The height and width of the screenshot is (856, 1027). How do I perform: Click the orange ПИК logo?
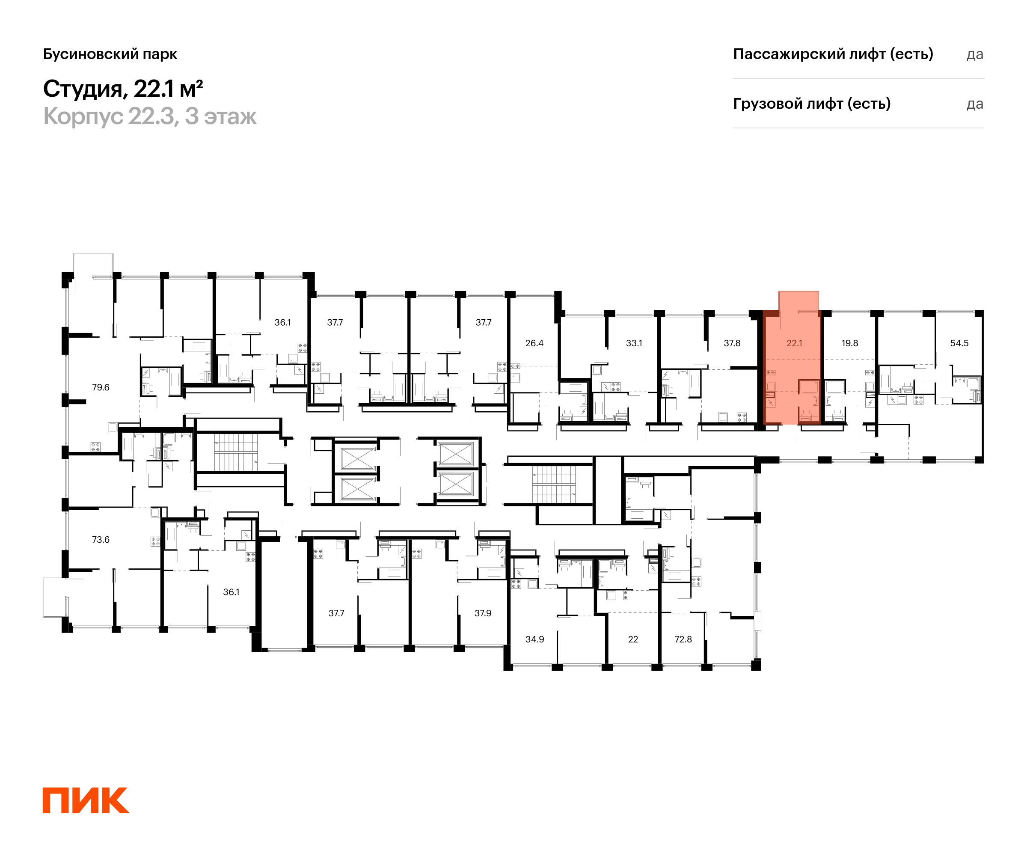pyautogui.click(x=86, y=800)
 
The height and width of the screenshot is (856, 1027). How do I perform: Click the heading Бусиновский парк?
pyautogui.click(x=110, y=54)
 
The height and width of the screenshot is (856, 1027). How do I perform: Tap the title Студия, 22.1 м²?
pyautogui.click(x=123, y=89)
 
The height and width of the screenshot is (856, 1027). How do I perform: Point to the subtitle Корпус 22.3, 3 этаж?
pyautogui.click(x=150, y=116)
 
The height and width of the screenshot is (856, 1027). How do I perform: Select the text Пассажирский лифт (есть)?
pyautogui.click(x=833, y=54)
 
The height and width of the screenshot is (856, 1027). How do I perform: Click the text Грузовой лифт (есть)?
pyautogui.click(x=812, y=104)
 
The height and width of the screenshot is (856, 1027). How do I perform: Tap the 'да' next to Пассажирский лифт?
pyautogui.click(x=975, y=55)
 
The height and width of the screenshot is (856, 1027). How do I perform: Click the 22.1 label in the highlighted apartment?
pyautogui.click(x=794, y=343)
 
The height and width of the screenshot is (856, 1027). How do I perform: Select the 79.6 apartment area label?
pyautogui.click(x=101, y=387)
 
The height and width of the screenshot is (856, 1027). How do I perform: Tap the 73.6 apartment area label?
pyautogui.click(x=101, y=540)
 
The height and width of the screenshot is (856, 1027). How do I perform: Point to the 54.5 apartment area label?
pyautogui.click(x=959, y=343)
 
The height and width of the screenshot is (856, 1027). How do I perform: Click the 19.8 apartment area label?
pyautogui.click(x=849, y=343)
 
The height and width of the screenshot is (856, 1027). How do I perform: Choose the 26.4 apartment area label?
pyautogui.click(x=534, y=343)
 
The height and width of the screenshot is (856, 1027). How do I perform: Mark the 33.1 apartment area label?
pyautogui.click(x=634, y=343)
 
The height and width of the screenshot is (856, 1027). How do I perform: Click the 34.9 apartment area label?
pyautogui.click(x=534, y=639)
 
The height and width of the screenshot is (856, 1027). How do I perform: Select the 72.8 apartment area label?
pyautogui.click(x=683, y=639)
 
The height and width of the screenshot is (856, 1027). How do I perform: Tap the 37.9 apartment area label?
pyautogui.click(x=483, y=613)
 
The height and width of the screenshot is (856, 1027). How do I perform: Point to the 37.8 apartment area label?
pyautogui.click(x=732, y=343)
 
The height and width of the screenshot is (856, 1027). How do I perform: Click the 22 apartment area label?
pyautogui.click(x=633, y=639)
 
